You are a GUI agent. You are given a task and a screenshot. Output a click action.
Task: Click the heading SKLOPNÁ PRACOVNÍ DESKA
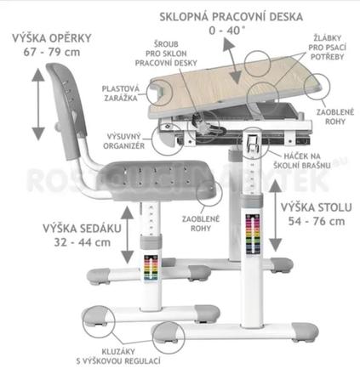coord(231,17)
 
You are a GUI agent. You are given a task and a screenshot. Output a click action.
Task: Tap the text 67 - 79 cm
coord(52,53)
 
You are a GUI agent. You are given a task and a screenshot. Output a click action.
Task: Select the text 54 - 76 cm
coord(317,221)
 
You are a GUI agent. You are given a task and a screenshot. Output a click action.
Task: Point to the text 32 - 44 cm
coord(83,243)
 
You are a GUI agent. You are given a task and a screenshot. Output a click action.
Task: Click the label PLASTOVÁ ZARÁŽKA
coord(121,93)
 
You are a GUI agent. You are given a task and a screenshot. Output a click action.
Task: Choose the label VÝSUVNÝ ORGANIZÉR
coord(124,141)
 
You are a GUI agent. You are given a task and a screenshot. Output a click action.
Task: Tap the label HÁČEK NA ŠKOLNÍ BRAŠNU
coord(302,161)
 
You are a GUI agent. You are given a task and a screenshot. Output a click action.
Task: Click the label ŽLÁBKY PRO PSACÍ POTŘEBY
coord(327,48)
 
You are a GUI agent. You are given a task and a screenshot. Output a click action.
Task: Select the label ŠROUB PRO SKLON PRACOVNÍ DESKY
coord(166,54)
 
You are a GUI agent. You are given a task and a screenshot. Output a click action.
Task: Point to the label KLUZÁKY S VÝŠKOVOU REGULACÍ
coord(118,356)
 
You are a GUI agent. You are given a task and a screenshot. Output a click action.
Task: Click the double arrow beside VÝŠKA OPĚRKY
coord(38,104)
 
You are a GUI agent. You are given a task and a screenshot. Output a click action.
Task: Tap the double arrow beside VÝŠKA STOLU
coord(275,216)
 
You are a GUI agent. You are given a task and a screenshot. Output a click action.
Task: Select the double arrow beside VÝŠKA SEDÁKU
coord(128,235)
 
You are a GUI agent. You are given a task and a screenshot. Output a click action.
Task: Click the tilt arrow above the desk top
coord(232,61)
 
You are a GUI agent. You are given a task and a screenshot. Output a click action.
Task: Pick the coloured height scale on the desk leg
coord(253,234)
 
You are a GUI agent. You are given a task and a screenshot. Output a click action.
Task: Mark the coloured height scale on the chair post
coord(151,268)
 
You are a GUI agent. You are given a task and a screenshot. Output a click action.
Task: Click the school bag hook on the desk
coord(253,141)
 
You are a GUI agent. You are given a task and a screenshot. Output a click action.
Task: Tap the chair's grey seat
coord(156,180)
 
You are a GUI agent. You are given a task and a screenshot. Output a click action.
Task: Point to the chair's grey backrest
coord(66,110)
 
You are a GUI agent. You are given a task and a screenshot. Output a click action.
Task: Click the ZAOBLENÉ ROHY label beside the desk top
coord(335,116)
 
